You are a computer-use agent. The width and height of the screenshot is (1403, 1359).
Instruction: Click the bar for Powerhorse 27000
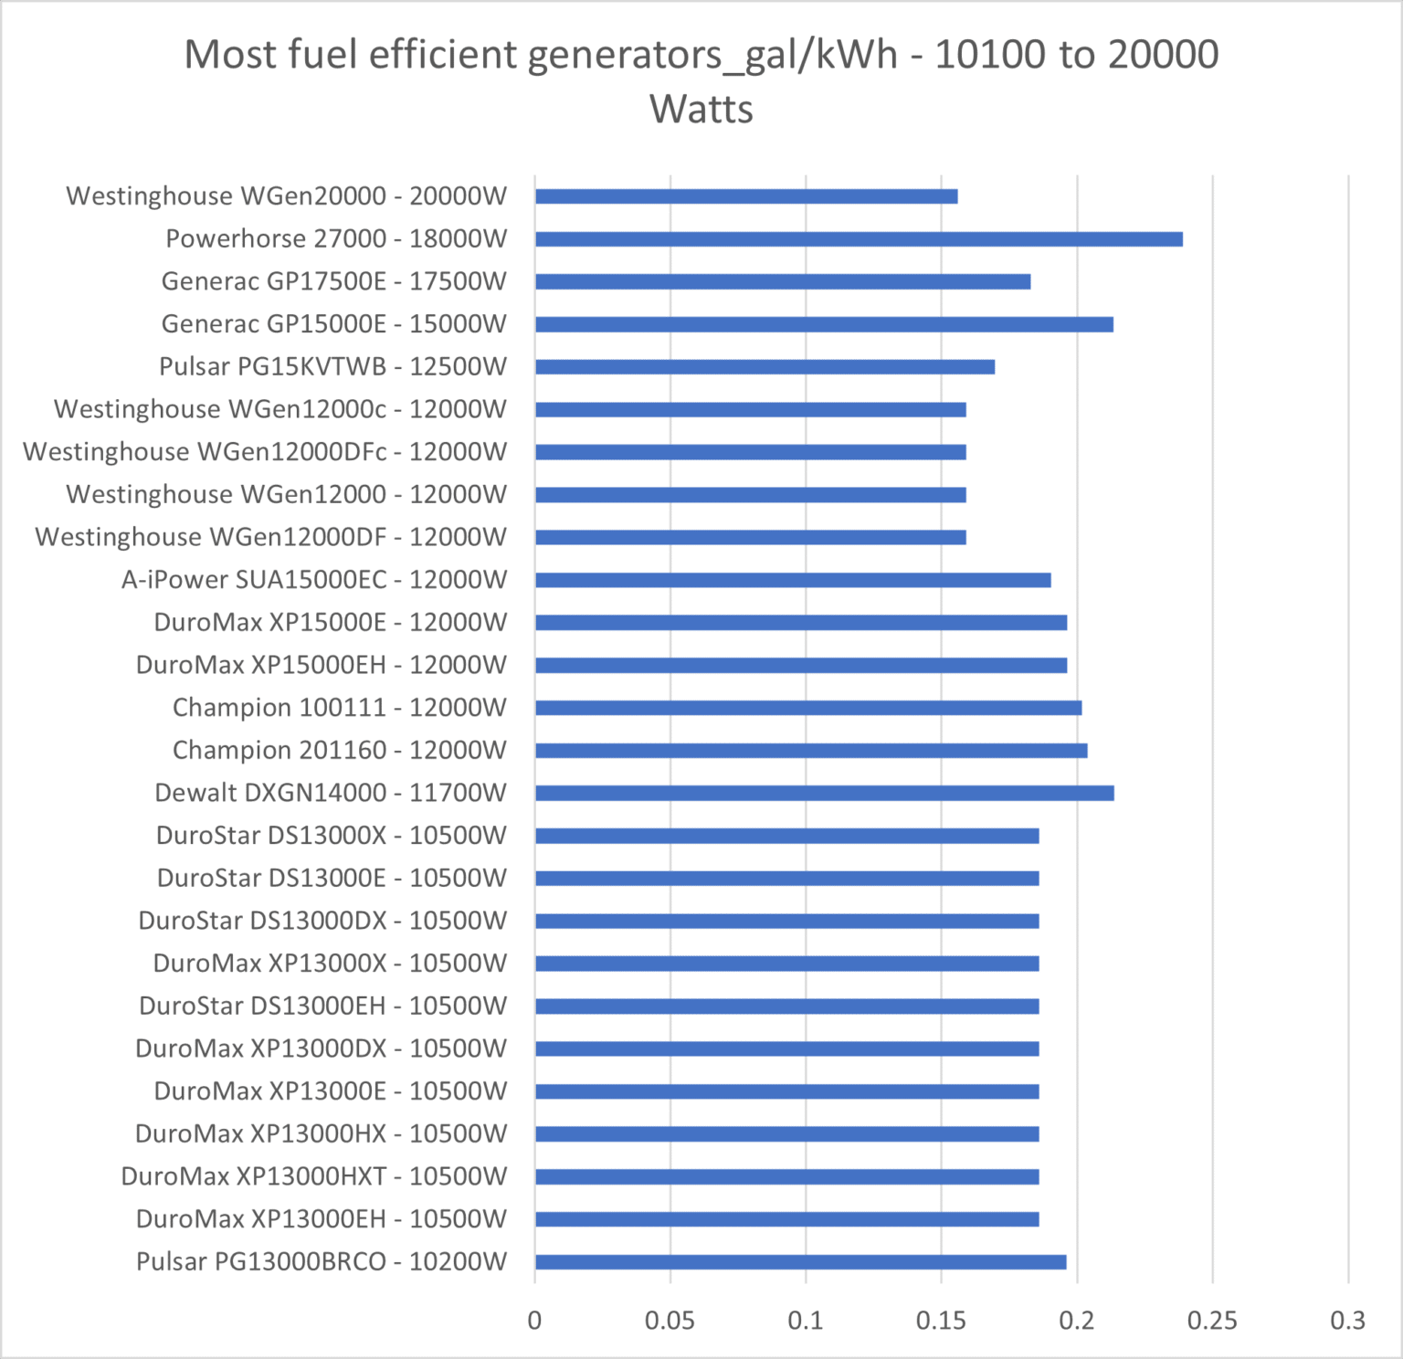pos(859,239)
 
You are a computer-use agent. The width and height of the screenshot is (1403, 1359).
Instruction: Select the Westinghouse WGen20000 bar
pos(746,196)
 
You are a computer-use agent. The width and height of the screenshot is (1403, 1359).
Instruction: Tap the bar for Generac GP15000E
pos(824,324)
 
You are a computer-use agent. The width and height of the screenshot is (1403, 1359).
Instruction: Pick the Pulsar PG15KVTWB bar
pos(765,367)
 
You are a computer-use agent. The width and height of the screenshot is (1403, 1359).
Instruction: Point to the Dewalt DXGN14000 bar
pos(824,793)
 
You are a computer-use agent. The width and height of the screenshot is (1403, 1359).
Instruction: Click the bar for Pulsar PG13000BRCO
pos(800,1262)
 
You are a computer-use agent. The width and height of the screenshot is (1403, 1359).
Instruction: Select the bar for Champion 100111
pos(808,708)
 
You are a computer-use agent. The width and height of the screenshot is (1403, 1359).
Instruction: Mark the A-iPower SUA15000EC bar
pos(793,580)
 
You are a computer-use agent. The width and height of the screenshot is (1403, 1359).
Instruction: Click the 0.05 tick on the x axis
pos(670,1321)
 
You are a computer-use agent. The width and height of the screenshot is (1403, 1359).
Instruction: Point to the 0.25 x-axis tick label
pos(1212,1321)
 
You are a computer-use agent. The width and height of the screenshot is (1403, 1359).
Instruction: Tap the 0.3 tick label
pos(1347,1321)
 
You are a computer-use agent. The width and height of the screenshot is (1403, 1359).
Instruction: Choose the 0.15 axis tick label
pos(941,1321)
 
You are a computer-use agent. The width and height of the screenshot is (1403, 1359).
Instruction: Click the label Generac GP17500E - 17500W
pos(333,281)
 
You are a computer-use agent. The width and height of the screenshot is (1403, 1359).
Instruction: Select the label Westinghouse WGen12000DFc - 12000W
pos(265,452)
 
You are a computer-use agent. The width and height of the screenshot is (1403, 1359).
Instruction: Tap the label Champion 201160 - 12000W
pos(339,751)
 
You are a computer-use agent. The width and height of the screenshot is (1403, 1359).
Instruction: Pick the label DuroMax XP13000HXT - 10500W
pos(313,1176)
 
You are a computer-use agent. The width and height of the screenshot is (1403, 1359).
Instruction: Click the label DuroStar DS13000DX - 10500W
pos(322,921)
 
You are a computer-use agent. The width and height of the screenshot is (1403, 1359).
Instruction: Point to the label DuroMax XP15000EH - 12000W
pos(321,665)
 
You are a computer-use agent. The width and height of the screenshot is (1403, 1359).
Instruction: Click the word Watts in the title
pos(701,110)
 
